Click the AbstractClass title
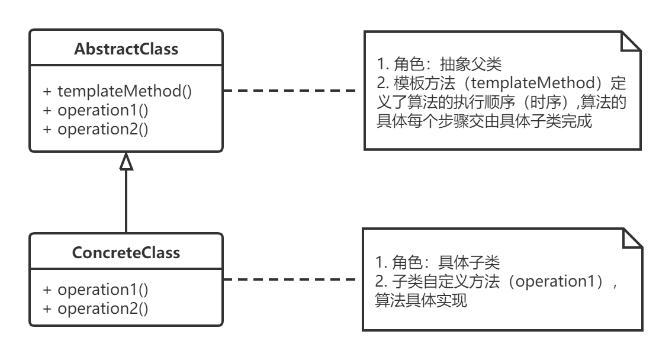126,49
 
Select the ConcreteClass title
126,253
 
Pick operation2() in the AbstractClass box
95,128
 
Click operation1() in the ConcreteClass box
95,290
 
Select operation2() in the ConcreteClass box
95,308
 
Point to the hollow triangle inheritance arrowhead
126,161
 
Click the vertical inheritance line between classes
126,201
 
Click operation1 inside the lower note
555,282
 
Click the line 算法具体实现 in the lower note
421,301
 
